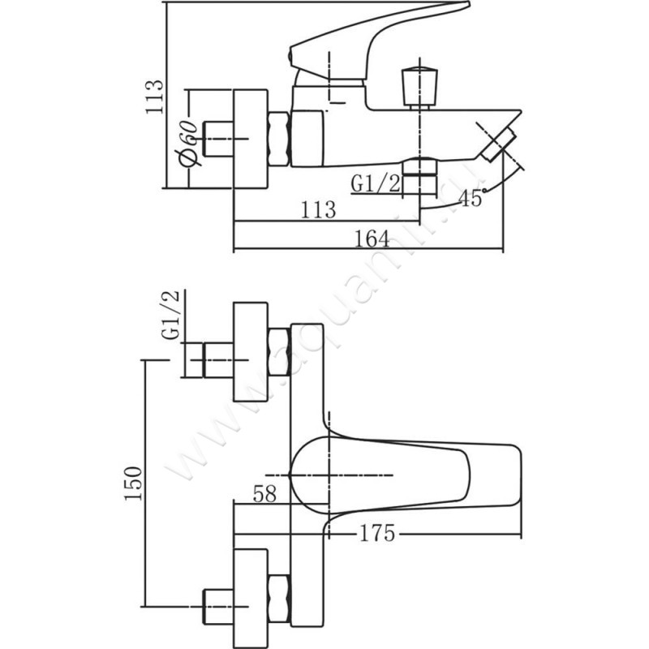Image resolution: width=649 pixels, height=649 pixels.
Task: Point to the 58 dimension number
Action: click(x=265, y=492)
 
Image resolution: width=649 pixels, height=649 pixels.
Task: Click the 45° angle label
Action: click(x=471, y=197)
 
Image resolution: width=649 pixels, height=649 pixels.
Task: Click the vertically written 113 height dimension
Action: click(x=154, y=97)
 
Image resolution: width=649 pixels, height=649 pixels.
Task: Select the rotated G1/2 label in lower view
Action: click(x=171, y=317)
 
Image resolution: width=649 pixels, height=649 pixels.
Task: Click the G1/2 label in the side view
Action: click(x=376, y=183)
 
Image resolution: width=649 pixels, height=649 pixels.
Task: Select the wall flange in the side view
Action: click(x=250, y=138)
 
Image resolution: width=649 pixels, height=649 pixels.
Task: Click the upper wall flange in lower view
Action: click(x=250, y=351)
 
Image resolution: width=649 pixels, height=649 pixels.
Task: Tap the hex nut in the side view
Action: click(x=278, y=139)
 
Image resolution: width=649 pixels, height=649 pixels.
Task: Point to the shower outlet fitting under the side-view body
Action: click(x=420, y=177)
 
